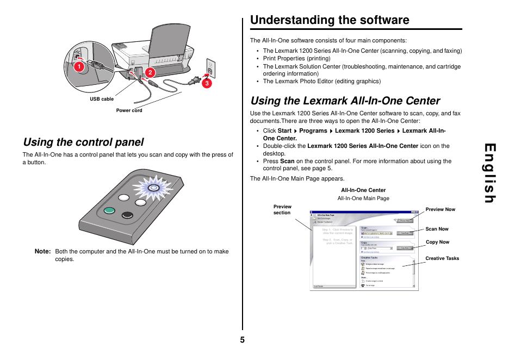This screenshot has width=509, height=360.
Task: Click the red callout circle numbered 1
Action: pos(78,67)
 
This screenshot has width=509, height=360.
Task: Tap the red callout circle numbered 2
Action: pos(147,72)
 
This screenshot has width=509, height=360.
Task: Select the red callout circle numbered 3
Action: pos(207,84)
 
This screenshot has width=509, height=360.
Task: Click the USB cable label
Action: pos(102,99)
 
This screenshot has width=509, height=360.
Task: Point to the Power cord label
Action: pos(129,110)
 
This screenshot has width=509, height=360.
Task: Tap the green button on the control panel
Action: pos(109,211)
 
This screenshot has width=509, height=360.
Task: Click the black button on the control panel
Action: pos(127,214)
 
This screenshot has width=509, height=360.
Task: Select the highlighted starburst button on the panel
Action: pos(153,188)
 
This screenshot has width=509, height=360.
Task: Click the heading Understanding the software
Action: pos(330,20)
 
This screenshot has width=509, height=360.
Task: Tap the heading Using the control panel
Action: pos(83,142)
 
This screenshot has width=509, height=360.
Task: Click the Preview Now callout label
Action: pos(440,209)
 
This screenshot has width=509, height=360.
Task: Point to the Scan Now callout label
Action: pos(437,229)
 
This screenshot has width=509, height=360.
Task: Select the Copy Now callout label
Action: pos(437,243)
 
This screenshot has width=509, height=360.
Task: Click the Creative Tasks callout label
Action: pos(442,258)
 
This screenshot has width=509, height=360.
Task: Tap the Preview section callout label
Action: pos(282,209)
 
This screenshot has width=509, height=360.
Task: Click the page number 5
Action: pos(242,340)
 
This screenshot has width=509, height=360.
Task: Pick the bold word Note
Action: pos(42,251)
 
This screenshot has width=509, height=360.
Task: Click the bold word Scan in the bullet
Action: pos(287,161)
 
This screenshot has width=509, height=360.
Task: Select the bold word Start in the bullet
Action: pos(284,131)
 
